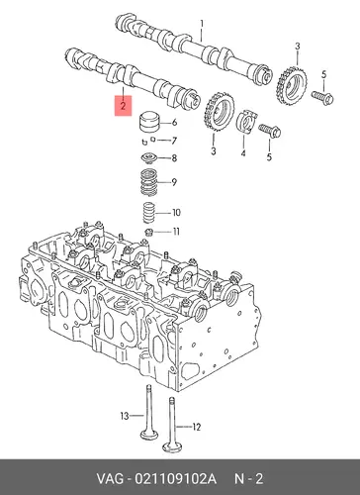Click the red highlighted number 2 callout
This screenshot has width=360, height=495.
click(123, 106)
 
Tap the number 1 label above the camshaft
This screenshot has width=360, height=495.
click(202, 24)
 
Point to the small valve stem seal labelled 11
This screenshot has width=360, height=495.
click(149, 232)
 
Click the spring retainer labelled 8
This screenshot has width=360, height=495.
click(150, 157)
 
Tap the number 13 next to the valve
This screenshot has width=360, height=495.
click(125, 416)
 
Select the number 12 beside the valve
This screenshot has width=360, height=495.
click(196, 428)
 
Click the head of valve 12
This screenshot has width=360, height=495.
click(173, 447)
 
